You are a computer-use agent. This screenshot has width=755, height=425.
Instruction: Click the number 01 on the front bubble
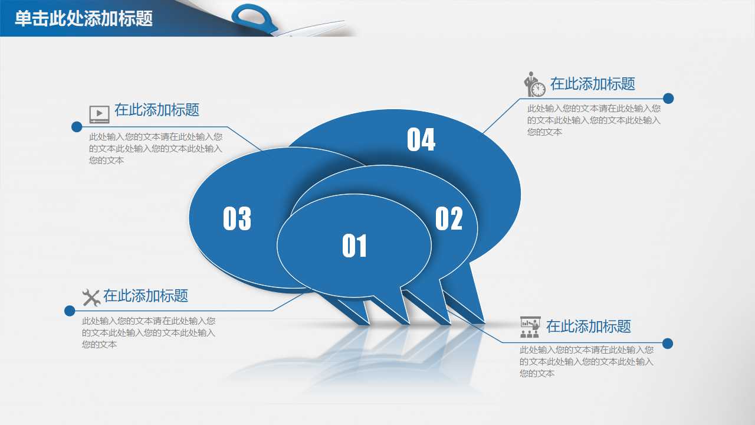click(354, 246)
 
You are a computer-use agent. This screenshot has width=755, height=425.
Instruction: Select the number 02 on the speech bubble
click(449, 218)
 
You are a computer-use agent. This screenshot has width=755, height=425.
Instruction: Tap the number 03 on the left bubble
click(237, 218)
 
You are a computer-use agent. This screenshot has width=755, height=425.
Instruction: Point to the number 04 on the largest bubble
click(421, 140)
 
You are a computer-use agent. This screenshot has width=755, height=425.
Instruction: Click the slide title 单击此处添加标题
click(84, 19)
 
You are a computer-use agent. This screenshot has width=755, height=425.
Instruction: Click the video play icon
click(99, 113)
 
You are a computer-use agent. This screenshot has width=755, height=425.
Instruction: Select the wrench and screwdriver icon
click(91, 297)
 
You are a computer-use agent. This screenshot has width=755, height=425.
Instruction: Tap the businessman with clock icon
click(535, 84)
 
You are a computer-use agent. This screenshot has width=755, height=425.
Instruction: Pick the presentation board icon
click(530, 326)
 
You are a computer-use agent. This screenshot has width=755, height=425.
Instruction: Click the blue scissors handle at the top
click(255, 17)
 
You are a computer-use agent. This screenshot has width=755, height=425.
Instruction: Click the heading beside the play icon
click(157, 110)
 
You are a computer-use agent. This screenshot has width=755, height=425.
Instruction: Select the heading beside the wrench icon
click(146, 296)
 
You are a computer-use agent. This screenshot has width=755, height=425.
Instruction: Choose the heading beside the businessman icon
click(592, 84)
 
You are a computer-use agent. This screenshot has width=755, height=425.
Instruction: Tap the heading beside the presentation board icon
click(588, 326)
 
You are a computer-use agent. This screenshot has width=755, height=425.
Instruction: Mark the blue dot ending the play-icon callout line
click(77, 127)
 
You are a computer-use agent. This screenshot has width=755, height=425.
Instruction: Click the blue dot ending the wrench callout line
click(70, 310)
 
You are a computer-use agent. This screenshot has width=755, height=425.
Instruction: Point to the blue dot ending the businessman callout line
click(668, 99)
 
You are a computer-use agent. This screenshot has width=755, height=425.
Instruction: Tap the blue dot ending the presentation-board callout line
click(668, 344)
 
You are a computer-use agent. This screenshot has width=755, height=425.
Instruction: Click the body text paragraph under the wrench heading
click(149, 333)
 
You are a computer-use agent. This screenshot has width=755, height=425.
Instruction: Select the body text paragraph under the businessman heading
click(593, 120)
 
